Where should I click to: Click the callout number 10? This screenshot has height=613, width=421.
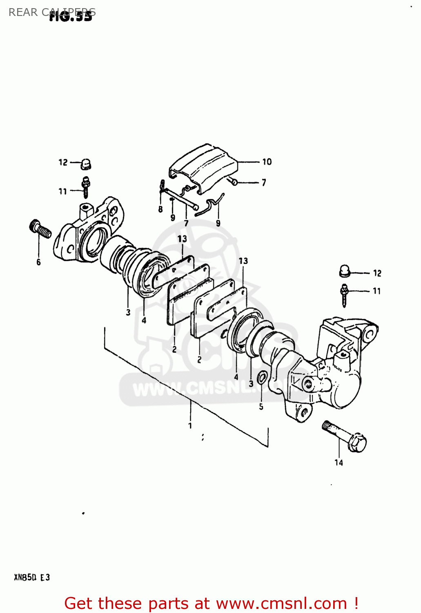coord(267,162)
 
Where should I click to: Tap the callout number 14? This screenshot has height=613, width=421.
coord(339,463)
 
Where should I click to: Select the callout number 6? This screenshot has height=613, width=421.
coord(38,262)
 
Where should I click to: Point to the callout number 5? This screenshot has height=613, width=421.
coord(261,407)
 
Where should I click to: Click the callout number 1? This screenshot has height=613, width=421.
coord(190,426)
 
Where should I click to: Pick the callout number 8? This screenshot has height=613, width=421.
coord(160,209)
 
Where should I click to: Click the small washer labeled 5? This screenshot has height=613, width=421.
coord(262,376)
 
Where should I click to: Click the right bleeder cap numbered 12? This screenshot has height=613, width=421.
coord(345,271)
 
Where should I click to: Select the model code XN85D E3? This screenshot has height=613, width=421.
coord(32,577)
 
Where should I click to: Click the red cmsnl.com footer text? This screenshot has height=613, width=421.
coord(211,603)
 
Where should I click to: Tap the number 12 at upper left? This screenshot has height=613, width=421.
coord(63,162)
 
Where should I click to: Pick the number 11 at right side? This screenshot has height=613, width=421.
coord(376,291)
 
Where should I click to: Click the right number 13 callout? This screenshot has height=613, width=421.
coord(243,261)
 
